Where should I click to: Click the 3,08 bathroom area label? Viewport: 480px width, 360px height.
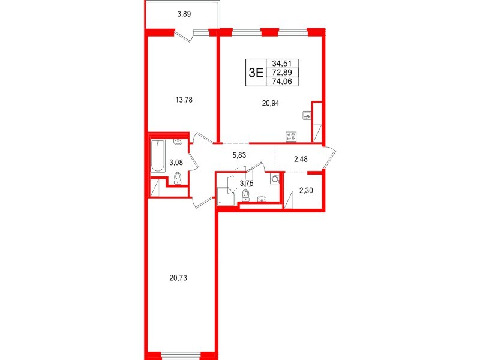[x=176, y=162]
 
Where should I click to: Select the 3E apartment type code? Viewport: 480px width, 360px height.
[x=256, y=73]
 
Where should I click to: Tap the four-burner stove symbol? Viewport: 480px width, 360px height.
[x=292, y=136]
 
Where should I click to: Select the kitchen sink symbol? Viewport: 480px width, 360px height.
[x=307, y=115]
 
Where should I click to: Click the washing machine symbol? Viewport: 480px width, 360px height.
[x=275, y=178]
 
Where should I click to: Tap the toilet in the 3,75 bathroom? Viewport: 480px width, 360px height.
[x=246, y=196]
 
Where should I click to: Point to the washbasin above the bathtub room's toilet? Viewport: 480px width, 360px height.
[x=178, y=142]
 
